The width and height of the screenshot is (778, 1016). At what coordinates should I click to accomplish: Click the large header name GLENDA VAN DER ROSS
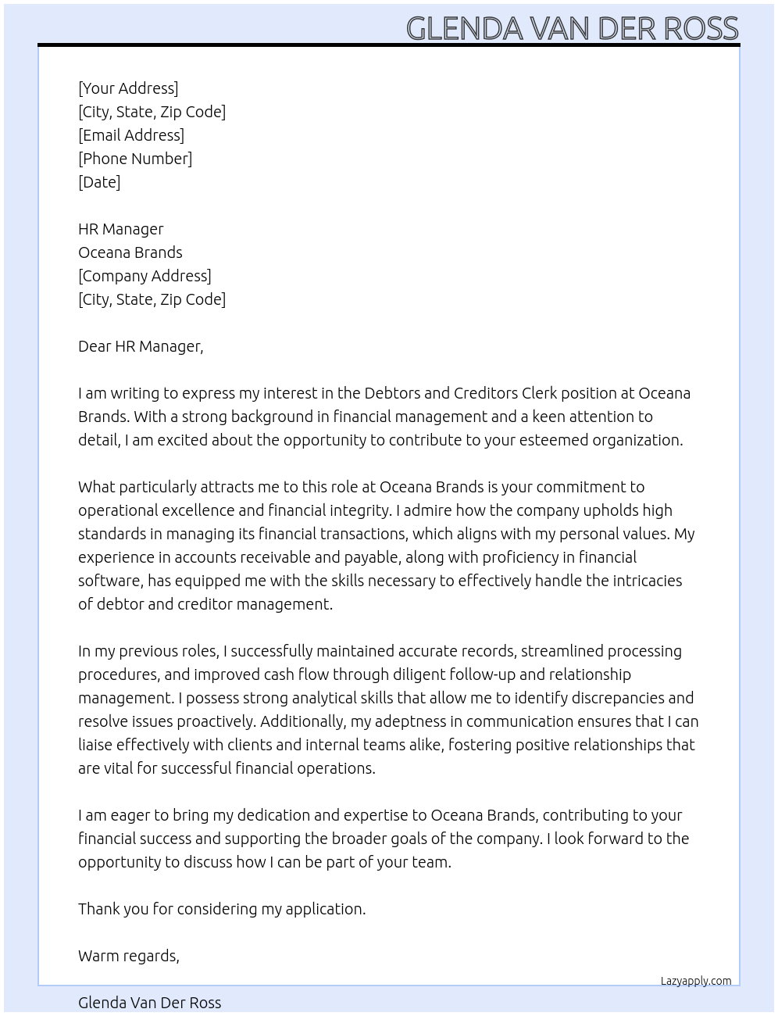pyautogui.click(x=572, y=28)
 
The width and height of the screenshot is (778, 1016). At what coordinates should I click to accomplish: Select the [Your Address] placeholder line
pyautogui.click(x=128, y=88)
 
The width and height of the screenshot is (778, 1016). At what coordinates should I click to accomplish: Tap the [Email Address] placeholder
pyautogui.click(x=131, y=135)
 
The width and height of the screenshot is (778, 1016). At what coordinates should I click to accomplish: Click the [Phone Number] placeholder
pyautogui.click(x=135, y=159)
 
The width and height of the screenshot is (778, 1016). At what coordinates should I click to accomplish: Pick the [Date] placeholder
pyautogui.click(x=99, y=182)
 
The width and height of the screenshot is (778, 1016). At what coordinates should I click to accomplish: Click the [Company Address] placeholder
pyautogui.click(x=145, y=276)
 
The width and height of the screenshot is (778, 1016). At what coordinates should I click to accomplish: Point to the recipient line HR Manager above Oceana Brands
pyautogui.click(x=121, y=229)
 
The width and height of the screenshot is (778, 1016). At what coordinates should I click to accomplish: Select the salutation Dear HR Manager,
pyautogui.click(x=141, y=346)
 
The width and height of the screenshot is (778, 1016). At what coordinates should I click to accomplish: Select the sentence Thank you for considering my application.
pyautogui.click(x=222, y=909)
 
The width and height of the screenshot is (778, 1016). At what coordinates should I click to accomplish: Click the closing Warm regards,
pyautogui.click(x=129, y=956)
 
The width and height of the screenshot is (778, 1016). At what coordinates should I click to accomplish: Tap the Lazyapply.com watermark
pyautogui.click(x=696, y=981)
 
